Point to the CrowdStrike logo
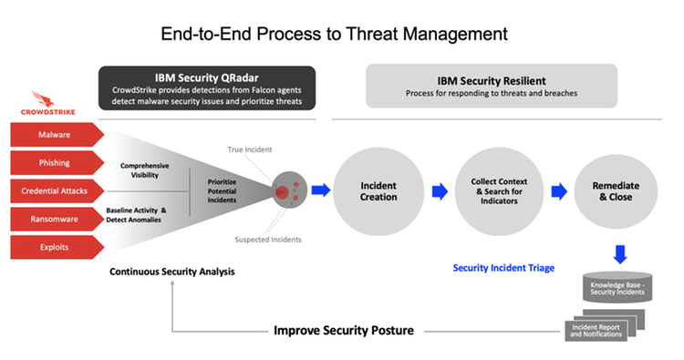[x=57, y=102]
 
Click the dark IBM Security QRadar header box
[x=207, y=87]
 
